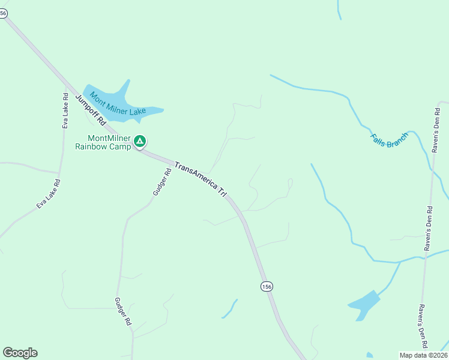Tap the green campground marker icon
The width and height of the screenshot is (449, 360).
[140, 142]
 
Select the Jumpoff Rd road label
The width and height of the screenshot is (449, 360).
[90, 109]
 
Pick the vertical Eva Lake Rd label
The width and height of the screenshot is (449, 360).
[65, 110]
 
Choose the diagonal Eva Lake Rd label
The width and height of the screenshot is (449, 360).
[48, 194]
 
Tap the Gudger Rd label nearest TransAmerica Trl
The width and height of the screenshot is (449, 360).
[161, 182]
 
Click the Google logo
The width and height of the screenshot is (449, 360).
[20, 353]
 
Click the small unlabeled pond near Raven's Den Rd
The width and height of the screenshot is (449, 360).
[363, 306]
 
